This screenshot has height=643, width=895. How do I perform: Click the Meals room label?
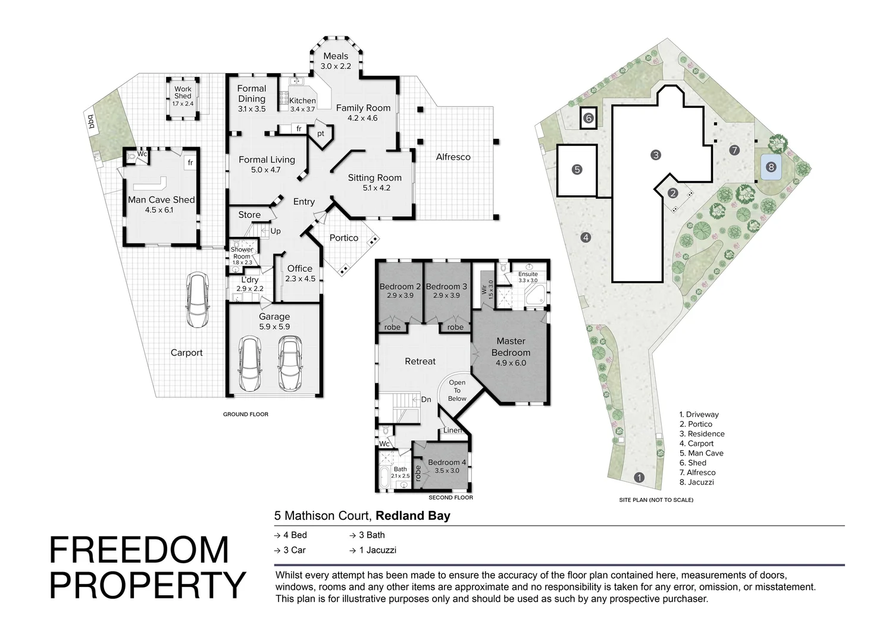pos(336,56)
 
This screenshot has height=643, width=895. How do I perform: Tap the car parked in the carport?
pos(198,299)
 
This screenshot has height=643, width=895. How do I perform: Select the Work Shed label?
pos(183,92)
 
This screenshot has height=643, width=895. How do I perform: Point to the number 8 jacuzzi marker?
pos(771,167)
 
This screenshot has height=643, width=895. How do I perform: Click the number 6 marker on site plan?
pos(588,118)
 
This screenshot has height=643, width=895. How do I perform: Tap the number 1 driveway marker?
pos(639,477)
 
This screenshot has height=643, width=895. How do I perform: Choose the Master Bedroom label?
pos(511,347)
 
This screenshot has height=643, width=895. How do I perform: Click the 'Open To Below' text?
pos(457,391)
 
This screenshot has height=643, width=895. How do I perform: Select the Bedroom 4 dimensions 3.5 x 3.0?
pos(447,471)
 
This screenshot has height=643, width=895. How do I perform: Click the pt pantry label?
pos(321,134)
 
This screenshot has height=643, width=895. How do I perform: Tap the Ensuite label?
pos(528,274)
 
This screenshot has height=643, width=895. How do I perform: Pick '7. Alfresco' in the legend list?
pos(697,472)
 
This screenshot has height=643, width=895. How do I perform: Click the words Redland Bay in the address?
pos(413,516)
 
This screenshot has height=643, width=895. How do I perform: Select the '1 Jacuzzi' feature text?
pos(377,550)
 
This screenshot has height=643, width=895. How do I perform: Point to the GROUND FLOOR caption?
pos(245,414)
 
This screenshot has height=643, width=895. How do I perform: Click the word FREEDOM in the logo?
pos(139,550)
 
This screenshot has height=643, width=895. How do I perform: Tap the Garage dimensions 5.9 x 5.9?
pos(274,326)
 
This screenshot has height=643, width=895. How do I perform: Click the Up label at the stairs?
pos(276,231)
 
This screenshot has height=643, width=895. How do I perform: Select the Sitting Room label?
pos(374,178)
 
